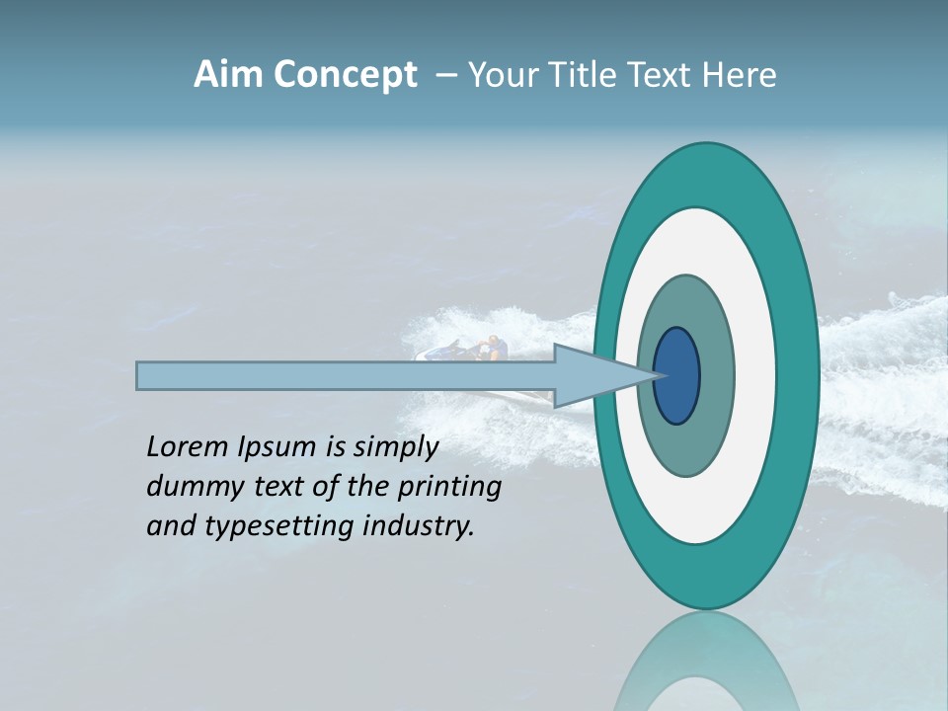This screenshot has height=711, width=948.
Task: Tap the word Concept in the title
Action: pyautogui.click(x=344, y=75)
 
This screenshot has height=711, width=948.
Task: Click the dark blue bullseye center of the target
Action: pyautogui.click(x=677, y=376)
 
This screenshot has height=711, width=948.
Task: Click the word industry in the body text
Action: pyautogui.click(x=419, y=526)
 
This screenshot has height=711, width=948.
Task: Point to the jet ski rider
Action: pyautogui.click(x=491, y=349)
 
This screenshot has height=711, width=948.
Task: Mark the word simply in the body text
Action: pyautogui.click(x=394, y=448)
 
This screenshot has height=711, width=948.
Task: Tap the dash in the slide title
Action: pyautogui.click(x=445, y=75)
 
